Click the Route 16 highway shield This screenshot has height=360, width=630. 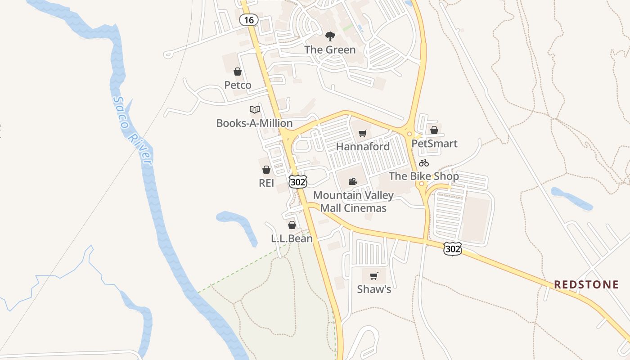coord(248,20)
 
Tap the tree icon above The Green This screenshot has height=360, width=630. coord(330,36)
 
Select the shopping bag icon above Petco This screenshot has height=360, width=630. coord(238,72)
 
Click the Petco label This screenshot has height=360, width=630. coord(238,85)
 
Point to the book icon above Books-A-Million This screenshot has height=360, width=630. coord(255,109)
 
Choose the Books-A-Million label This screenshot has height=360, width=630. coord(254,123)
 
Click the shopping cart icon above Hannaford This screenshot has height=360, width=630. coord(363,133)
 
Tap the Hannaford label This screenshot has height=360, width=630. coord(363,147)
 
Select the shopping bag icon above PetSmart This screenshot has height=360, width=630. coord(434,130)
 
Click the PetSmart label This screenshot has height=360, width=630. coord(434,144)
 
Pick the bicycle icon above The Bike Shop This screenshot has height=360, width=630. coord(424,163)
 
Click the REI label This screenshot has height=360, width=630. coord(266,183)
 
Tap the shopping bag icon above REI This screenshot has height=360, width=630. coord(266,170)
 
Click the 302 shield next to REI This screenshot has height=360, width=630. coord(298,181)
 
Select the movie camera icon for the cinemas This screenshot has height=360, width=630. coord(353,182)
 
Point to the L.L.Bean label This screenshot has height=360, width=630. coord(292,238)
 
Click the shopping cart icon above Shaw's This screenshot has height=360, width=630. coord(374,276)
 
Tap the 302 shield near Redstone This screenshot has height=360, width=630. coord(452,249)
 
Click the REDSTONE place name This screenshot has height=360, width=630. coord(586,284)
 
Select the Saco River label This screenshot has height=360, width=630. coord(133,130)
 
